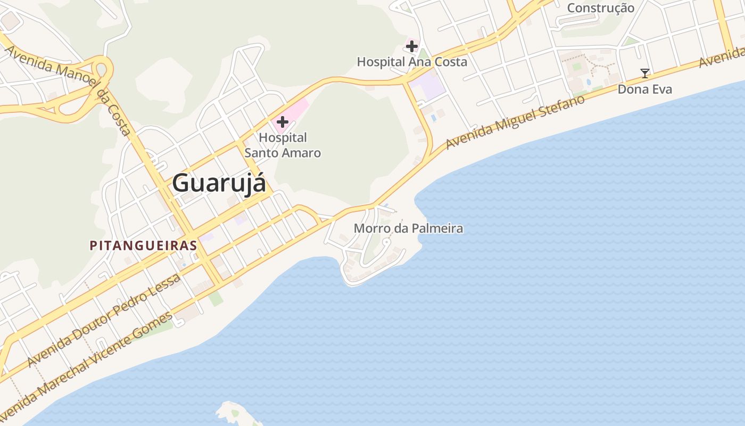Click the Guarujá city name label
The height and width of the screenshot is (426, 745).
point(219,183)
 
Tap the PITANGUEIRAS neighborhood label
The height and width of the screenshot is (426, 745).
point(143,245)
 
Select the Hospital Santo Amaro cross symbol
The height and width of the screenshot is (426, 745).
point(282,122)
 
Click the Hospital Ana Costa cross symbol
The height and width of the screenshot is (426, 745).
point(411,46)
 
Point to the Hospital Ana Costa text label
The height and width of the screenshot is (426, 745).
point(412,62)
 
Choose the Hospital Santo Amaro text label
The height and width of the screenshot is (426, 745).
point(283,145)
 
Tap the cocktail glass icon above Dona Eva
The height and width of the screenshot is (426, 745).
point(645,73)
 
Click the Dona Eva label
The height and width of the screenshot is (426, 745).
point(644,89)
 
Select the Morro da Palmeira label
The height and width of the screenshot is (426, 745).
point(408,229)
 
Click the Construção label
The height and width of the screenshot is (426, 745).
point(600,8)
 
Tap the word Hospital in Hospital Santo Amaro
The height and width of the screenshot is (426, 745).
point(283,138)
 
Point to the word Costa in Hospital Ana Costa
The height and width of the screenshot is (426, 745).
point(451,62)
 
